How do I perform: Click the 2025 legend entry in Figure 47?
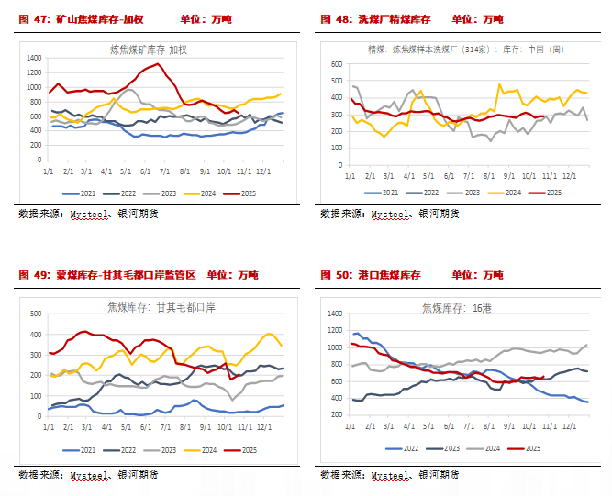point(256,193)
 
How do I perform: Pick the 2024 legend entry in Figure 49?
point(213,449)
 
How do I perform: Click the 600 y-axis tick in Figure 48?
point(336,65)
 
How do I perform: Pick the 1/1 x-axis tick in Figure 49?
point(49,426)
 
